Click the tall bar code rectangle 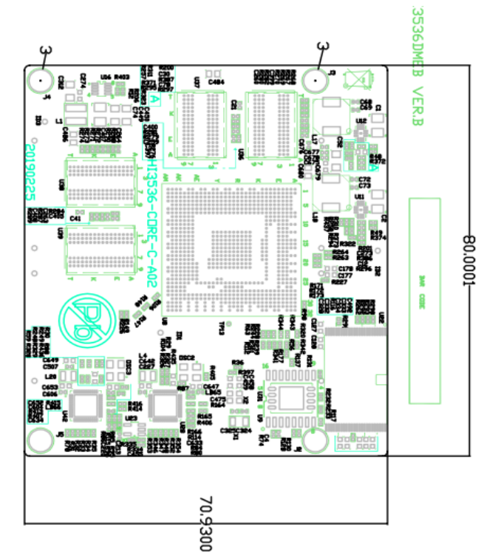[424, 303]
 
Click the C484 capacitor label [217, 82]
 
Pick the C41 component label [75, 219]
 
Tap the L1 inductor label [58, 120]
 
